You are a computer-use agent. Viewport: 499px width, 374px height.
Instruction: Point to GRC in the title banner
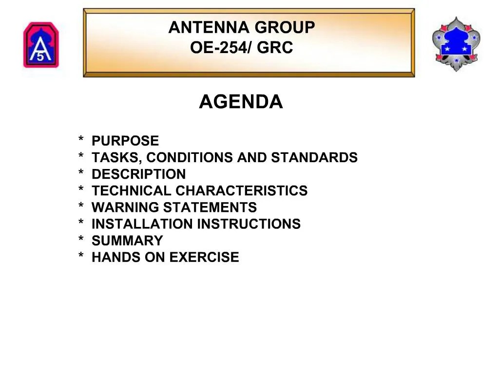(x=275, y=48)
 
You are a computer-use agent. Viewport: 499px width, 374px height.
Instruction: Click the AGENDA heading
(x=241, y=102)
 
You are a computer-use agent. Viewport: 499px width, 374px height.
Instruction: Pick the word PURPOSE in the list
(x=125, y=141)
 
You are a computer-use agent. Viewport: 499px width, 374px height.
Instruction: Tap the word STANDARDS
(x=314, y=158)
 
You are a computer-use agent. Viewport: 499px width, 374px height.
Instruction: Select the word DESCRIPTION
(x=139, y=174)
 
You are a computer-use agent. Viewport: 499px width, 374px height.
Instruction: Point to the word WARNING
(x=125, y=207)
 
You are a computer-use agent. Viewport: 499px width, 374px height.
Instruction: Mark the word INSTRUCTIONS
(x=249, y=224)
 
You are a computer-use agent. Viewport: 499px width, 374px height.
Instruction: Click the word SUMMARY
(x=127, y=241)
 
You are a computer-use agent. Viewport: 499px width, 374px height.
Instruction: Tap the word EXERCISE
(x=204, y=257)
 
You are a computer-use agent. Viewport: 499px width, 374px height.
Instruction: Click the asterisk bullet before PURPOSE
(x=80, y=140)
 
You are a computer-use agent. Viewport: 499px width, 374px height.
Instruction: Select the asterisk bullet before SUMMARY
(x=80, y=240)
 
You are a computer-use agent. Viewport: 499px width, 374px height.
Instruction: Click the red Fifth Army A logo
(x=41, y=45)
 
